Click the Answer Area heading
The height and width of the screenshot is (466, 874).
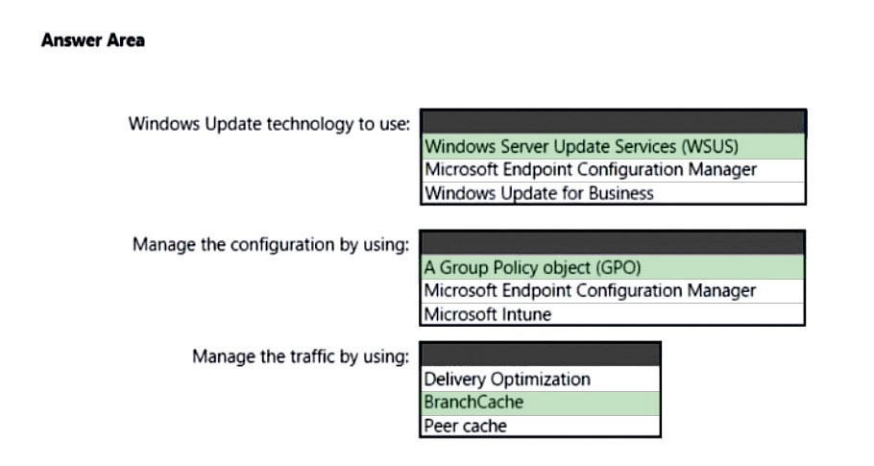point(93,40)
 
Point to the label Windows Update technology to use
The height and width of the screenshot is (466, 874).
point(269,124)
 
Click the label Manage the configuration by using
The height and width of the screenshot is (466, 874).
point(271,245)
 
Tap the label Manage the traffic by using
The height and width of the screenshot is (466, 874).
point(301,356)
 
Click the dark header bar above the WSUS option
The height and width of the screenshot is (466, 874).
point(613,122)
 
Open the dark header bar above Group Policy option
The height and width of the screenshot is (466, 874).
point(612,243)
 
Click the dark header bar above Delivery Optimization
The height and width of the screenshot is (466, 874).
point(540,355)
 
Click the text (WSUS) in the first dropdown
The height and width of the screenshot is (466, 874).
point(710,147)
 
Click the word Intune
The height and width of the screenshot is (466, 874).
point(526,314)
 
